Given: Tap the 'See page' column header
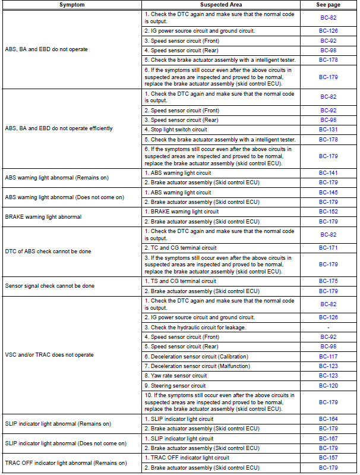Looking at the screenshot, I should pos(328,5).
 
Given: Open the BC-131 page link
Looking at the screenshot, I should pos(328,130).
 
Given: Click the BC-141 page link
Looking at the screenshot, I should pos(328,173).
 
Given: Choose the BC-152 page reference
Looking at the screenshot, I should pos(328,212).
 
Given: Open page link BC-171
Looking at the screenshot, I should pos(328,247).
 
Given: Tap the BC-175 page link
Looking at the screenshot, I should pos(328,282).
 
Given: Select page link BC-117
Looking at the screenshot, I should pos(328,357).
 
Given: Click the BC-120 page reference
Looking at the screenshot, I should pos(328,385).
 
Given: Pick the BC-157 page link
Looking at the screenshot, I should pos(328,458).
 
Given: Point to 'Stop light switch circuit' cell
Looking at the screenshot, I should pos(179,130).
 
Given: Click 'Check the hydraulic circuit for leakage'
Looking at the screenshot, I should pos(195,328).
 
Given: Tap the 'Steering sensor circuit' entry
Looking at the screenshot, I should pos(178,385).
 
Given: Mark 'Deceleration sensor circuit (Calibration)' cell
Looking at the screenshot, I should pos(199,357).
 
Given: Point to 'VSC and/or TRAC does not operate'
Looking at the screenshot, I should pos(49,355).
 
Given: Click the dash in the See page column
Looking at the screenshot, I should pos(328,328).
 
